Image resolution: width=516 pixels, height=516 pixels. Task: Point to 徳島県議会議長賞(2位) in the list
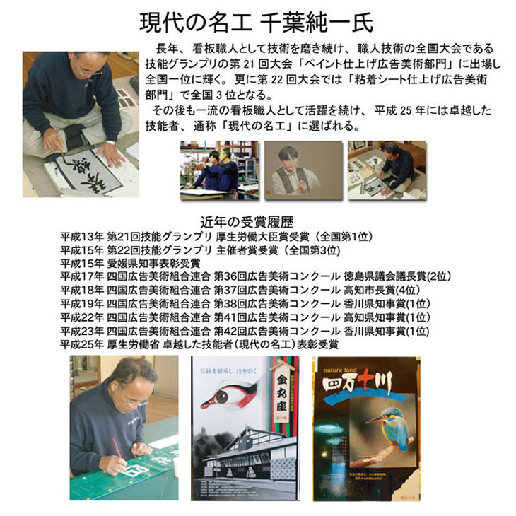(398, 276)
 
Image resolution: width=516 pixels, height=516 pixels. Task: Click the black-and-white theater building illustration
(240, 452)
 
